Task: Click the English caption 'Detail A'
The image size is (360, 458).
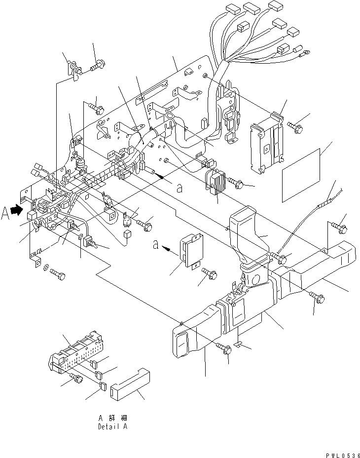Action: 112,426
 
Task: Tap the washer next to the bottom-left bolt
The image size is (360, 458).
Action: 46,268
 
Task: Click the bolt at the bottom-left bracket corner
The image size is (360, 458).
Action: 57,275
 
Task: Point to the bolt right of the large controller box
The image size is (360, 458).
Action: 296,127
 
